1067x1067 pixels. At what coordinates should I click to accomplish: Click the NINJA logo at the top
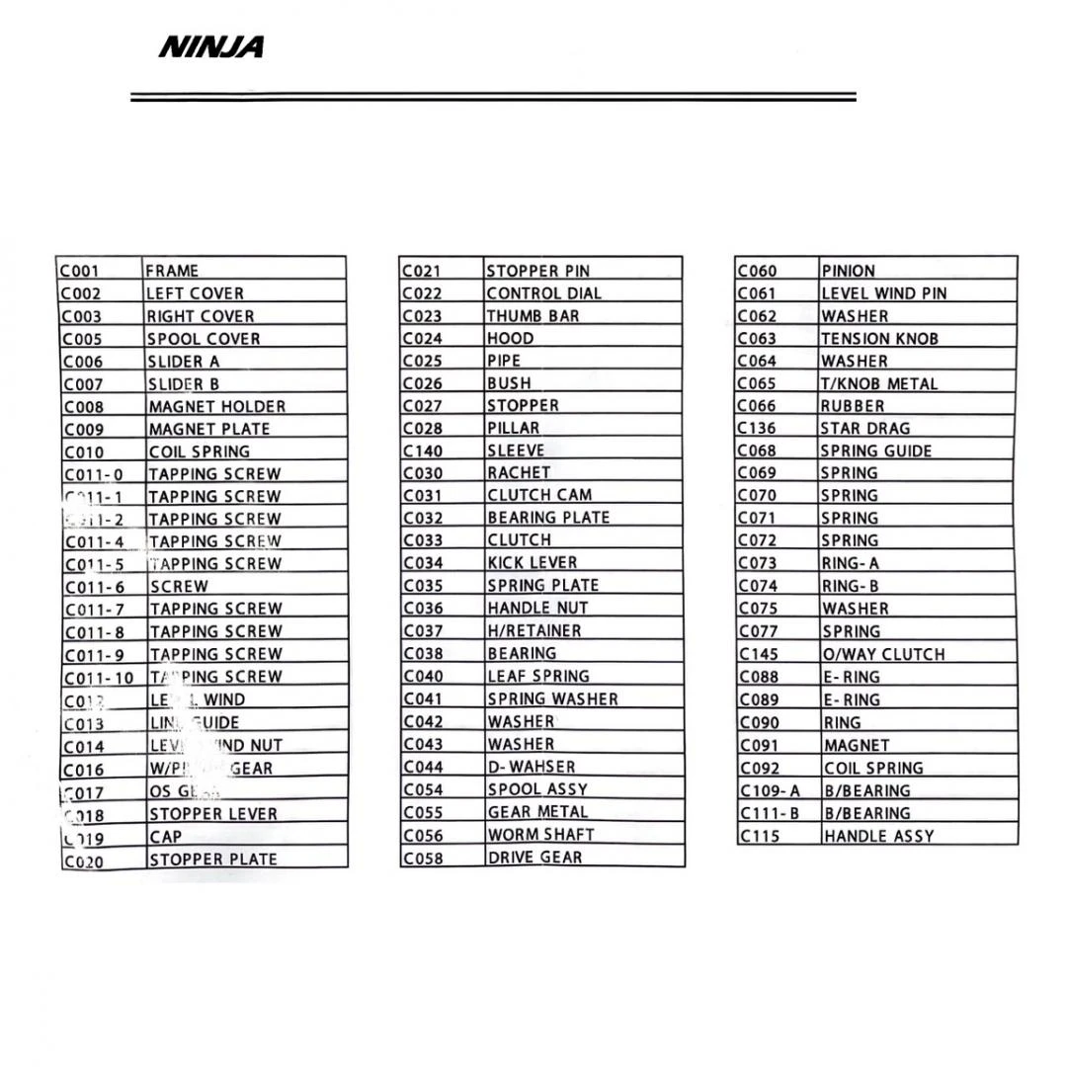210,46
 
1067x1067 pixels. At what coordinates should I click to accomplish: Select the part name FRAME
172,271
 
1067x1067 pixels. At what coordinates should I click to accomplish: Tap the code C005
82,339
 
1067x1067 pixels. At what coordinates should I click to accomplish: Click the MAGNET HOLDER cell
216,406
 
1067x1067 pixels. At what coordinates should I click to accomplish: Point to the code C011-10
99,678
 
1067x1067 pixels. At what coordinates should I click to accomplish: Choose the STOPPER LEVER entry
212,814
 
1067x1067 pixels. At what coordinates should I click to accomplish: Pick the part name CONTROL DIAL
543,293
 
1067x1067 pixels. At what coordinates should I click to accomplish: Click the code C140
423,451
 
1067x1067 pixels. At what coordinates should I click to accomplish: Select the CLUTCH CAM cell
539,495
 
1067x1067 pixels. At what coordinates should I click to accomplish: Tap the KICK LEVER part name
533,562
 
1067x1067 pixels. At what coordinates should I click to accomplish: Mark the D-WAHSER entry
531,767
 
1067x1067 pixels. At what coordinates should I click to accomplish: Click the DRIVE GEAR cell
534,858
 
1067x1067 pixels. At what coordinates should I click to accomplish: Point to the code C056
423,835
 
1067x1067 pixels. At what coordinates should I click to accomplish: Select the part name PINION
848,271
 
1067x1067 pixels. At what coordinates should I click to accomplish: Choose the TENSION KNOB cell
879,338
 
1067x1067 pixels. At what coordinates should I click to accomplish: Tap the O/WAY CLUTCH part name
883,654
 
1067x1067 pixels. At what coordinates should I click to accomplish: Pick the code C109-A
770,790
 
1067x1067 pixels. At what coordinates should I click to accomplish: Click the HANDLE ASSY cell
878,836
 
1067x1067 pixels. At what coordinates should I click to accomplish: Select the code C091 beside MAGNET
759,745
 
